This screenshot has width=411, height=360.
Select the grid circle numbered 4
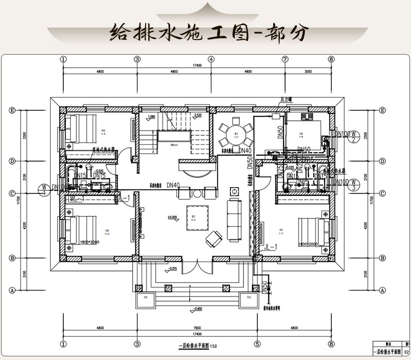[x=211, y=59]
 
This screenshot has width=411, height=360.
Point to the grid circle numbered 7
[x=285, y=59]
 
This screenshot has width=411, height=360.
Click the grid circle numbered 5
[x=257, y=344]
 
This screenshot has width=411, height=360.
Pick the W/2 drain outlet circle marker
[x=354, y=138]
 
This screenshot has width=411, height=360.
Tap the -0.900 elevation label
[x=197, y=309]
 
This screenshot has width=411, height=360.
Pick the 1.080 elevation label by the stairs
[x=152, y=116]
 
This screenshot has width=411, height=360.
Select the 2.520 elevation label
[x=197, y=115]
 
